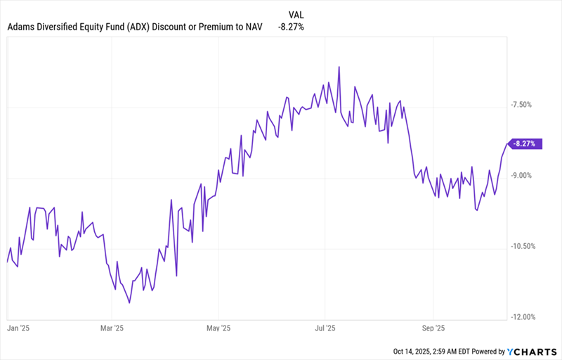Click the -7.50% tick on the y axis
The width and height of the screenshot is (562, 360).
[x=523, y=105]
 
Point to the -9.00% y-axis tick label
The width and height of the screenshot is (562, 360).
[x=523, y=176]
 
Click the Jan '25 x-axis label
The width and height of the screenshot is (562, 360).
[x=18, y=328]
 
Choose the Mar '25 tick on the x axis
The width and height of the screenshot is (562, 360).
[x=112, y=328]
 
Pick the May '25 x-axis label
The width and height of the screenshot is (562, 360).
[x=218, y=328]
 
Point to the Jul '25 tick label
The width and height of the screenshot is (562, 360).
[x=325, y=328]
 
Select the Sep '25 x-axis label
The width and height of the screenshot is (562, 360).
[x=433, y=328]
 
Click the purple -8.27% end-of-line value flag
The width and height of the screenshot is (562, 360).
[x=525, y=143]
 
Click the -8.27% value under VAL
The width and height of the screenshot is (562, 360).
[x=291, y=27]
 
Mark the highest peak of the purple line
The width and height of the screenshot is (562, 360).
[x=339, y=67]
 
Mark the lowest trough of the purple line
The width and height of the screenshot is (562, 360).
[x=129, y=303]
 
